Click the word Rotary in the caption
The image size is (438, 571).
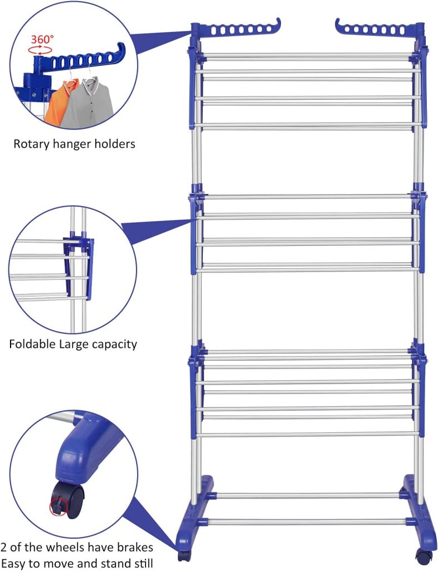(32, 144)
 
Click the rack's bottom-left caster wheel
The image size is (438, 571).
(183, 555)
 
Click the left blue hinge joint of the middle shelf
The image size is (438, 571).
(196, 201)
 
